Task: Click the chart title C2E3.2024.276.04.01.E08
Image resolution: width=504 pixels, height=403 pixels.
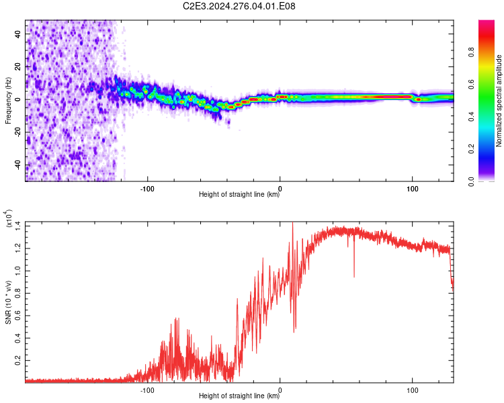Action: [x=239, y=6]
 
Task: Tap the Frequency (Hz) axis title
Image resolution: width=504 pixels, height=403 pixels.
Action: [x=8, y=101]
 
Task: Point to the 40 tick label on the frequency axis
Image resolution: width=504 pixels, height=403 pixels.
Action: [x=18, y=34]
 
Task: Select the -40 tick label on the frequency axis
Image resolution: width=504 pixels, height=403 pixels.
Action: [x=18, y=165]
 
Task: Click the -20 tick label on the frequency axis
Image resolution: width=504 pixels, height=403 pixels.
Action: [x=18, y=132]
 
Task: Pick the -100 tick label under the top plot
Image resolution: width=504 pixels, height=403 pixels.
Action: [x=147, y=189]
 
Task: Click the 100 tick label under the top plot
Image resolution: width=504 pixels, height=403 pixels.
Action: [x=412, y=189]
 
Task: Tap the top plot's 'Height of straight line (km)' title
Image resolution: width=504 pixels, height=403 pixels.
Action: [x=239, y=194]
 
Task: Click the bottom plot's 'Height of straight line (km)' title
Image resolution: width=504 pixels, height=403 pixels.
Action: [x=239, y=396]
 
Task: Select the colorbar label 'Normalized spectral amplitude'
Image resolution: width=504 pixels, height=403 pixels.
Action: [x=499, y=101]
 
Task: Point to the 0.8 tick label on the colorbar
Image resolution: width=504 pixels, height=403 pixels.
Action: [x=471, y=52]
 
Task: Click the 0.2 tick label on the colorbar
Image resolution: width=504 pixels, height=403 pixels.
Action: [x=471, y=149]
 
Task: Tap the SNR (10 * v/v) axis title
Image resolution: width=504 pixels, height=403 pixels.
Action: [x=8, y=302]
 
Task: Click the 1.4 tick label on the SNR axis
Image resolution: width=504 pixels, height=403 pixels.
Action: [x=18, y=226]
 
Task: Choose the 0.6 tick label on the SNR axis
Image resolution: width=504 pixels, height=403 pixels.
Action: [x=18, y=316]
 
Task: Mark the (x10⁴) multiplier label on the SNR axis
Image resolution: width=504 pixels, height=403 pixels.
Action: [x=8, y=218]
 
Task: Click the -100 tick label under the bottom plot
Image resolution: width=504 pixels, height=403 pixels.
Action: [x=147, y=390]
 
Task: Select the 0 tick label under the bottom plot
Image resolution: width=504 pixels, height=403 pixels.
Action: [x=280, y=390]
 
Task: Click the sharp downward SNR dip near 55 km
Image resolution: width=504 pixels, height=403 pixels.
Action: [x=354, y=276]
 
